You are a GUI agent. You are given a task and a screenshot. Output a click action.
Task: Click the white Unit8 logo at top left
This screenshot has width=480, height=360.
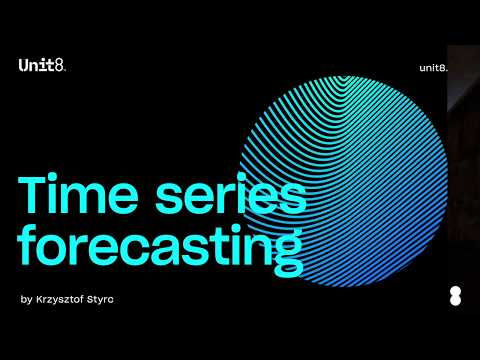point(42,65)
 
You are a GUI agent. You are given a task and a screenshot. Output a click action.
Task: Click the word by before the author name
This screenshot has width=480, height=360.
point(26,299)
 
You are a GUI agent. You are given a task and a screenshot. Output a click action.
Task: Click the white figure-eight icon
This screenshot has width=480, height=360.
point(456,297)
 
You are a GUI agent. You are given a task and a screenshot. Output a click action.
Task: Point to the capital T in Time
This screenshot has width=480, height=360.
point(33,195)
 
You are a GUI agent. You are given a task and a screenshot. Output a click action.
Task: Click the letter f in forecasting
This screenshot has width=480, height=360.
point(28,245)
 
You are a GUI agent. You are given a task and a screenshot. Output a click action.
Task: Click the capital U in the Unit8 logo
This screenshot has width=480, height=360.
point(24,65)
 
